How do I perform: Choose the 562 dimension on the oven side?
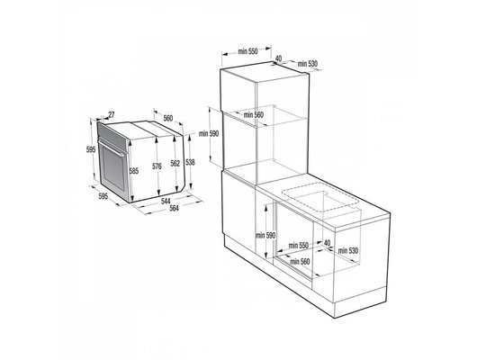pos(176,162)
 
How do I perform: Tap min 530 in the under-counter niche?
pos(355,249)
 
